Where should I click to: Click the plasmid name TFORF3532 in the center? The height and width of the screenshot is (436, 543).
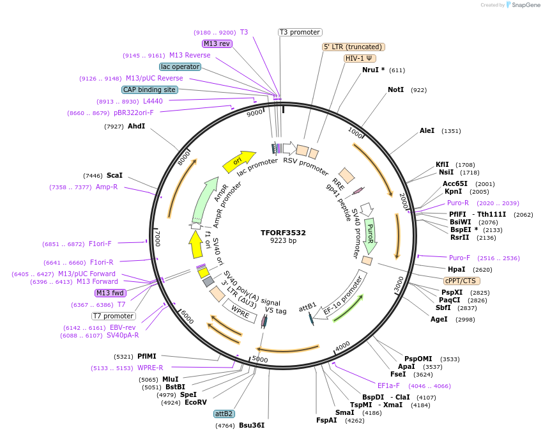tap(283, 233)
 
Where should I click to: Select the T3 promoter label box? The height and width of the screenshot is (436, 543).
tap(300, 32)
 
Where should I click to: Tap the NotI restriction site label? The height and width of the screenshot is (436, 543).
tap(396, 90)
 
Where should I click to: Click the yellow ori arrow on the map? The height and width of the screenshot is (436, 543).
tap(238, 162)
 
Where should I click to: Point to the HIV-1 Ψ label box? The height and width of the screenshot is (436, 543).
tap(360, 58)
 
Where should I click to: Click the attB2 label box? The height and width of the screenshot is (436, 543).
tap(224, 414)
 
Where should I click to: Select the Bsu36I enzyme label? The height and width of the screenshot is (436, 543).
tap(252, 425)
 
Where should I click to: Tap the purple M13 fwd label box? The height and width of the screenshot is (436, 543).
tap(111, 293)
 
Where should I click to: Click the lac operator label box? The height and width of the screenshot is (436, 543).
tap(180, 66)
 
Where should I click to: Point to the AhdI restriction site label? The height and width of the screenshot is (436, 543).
tap(137, 126)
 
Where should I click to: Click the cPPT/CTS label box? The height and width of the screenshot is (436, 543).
tap(462, 281)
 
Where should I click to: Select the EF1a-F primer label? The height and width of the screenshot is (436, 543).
tap(388, 385)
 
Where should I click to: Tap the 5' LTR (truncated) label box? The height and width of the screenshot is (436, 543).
tap(353, 47)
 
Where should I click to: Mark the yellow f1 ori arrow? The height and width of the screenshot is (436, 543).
tap(195, 244)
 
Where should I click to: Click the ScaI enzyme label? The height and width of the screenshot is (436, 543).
tap(114, 175)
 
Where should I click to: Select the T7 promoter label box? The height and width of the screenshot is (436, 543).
tap(114, 316)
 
